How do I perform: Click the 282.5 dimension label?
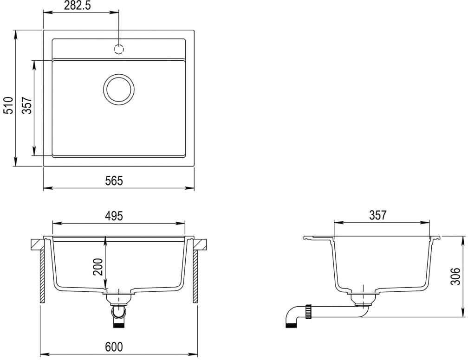[77, 6]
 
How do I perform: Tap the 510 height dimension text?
[9, 105]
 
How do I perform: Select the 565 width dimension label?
[114, 181]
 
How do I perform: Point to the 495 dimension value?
[114, 216]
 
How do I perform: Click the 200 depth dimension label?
[98, 267]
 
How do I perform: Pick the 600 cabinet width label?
[114, 347]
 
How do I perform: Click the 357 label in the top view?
[27, 105]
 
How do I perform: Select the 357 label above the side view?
[378, 215]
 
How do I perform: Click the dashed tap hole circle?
[119, 49]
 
